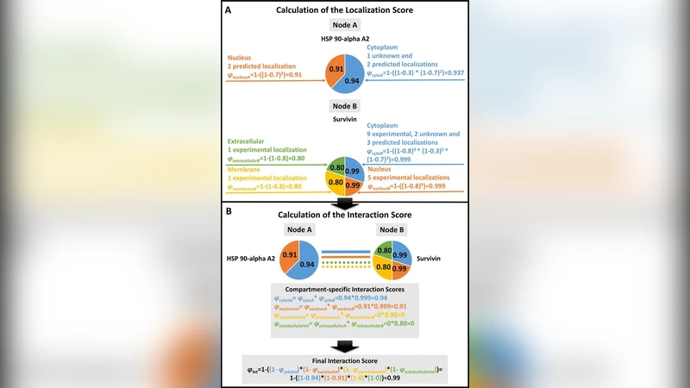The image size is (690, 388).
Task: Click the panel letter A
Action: click(x=227, y=10)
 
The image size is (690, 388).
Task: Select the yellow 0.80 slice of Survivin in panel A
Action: click(x=335, y=182)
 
